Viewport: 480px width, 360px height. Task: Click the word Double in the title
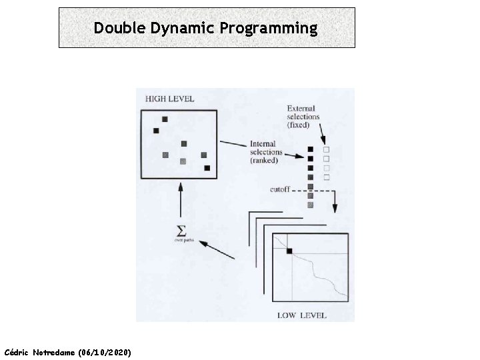[x=116, y=28]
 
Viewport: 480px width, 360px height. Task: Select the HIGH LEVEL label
[x=169, y=99]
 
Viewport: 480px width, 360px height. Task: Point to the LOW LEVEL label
[x=302, y=314]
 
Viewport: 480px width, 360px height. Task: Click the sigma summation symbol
[x=180, y=231]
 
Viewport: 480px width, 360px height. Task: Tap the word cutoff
[x=279, y=189]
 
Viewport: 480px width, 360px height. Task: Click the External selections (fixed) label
[x=303, y=117]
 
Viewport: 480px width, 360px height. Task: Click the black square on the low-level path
[x=289, y=251]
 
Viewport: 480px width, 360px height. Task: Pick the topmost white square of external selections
[x=326, y=149]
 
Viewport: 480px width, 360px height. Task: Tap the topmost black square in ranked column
[x=310, y=149]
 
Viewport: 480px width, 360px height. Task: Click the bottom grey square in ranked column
[x=310, y=205]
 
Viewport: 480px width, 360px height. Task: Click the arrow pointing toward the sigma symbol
[x=217, y=248]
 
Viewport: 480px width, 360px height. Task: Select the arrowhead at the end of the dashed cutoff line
[x=335, y=207]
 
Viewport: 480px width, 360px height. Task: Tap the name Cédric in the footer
[x=17, y=351]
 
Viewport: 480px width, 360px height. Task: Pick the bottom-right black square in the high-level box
[x=207, y=168]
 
